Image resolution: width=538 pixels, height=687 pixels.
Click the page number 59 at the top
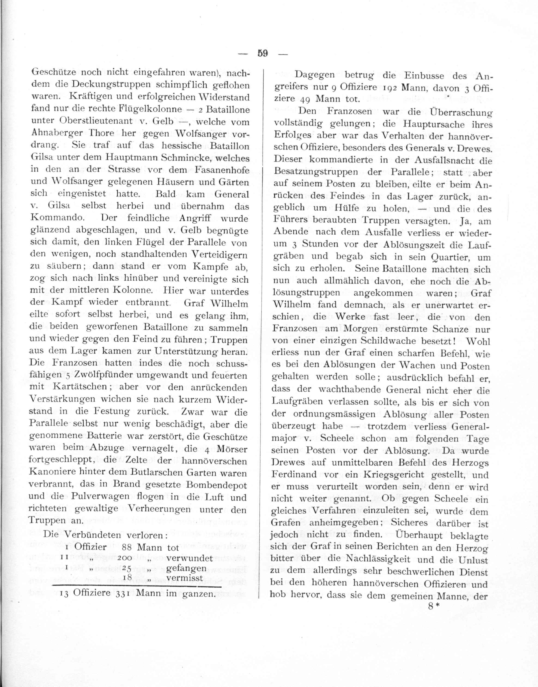click(x=262, y=53)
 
